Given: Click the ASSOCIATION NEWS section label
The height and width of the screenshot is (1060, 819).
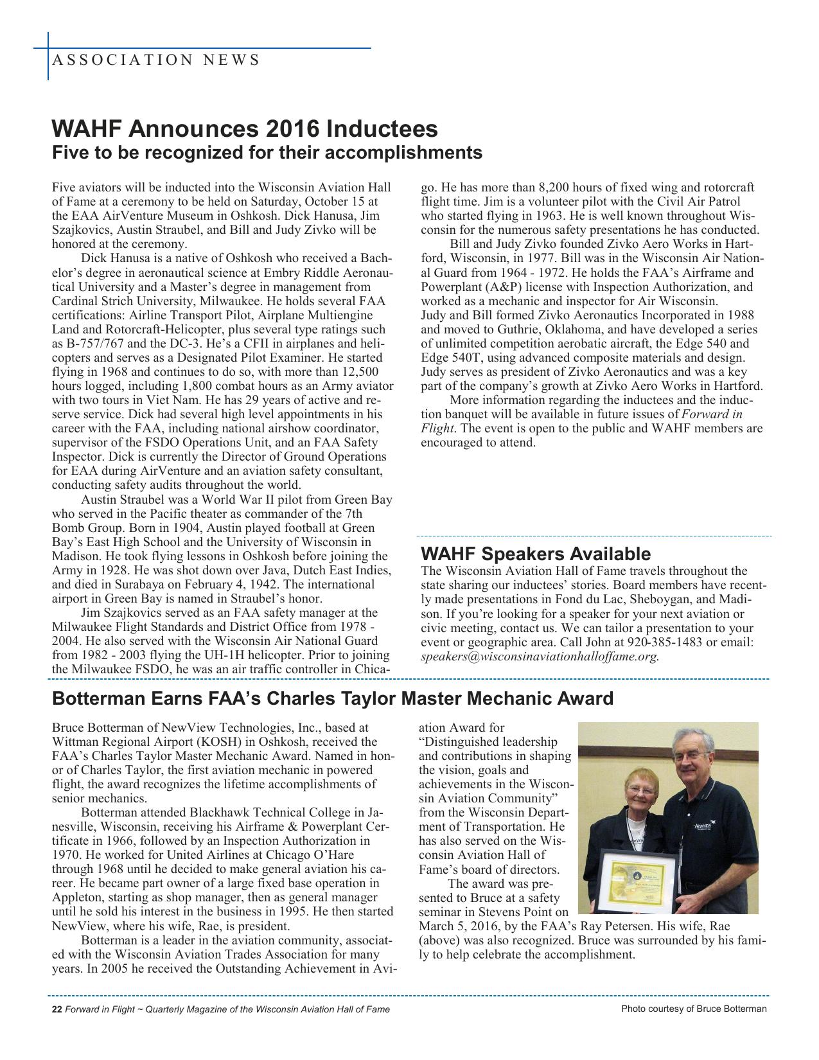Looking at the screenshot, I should (155, 60).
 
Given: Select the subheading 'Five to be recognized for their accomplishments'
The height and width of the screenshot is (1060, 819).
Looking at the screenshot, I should (267, 153).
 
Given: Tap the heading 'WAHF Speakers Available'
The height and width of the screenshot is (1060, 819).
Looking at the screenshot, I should (536, 554).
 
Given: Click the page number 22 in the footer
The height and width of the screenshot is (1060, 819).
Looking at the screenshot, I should (57, 1009).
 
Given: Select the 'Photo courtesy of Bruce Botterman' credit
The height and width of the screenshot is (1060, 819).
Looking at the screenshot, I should (694, 1009).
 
